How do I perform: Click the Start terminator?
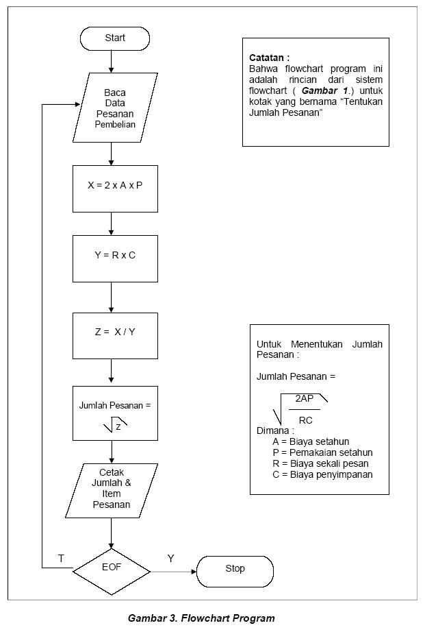pos(115,38)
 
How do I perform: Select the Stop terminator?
pos(235,569)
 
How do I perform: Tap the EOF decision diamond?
pos(111,568)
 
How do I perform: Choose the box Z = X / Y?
pos(115,332)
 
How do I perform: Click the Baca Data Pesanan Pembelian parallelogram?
pos(115,108)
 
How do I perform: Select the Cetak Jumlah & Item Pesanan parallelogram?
pos(111,491)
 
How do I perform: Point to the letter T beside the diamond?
pos(61,559)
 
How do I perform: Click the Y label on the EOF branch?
pos(170,559)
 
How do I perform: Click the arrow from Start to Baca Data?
pos(111,62)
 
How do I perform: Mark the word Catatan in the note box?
pos(269,58)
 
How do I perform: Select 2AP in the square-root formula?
pos(305,398)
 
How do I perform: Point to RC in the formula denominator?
pos(305,420)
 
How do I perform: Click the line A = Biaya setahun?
pos(310,441)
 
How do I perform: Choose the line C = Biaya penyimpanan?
pos(322,474)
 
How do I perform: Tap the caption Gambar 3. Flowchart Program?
pos(201,618)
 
